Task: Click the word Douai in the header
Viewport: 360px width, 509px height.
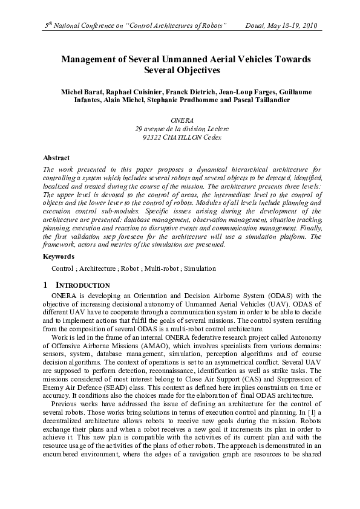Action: click(x=255, y=26)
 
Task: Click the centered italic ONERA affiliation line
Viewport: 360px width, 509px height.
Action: click(x=180, y=121)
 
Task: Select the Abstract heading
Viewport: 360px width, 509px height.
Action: click(x=56, y=158)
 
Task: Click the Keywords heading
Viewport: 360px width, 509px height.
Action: click(x=59, y=257)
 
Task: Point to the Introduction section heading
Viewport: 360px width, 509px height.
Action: click(x=82, y=285)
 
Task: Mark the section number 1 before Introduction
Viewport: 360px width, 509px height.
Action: click(x=46, y=285)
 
